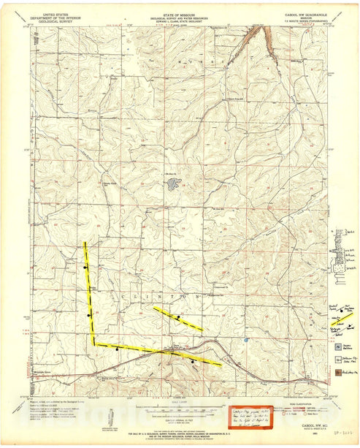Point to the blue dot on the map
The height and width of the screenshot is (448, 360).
coord(247,340)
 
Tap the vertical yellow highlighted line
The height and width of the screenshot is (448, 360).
coord(89,292)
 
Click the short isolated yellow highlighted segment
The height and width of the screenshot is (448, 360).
coord(178,319)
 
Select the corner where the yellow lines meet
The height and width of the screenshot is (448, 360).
coord(93,343)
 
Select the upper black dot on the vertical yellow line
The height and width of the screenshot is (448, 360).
coord(85,267)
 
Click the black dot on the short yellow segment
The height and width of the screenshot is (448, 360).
coord(177,316)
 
